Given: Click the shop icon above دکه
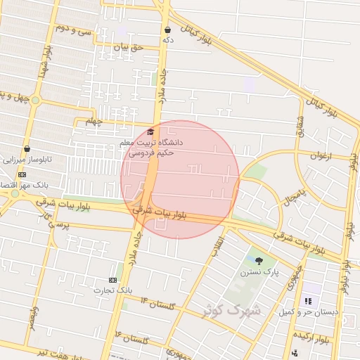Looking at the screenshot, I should click(x=167, y=30).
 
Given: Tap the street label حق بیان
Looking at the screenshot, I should click(x=128, y=47).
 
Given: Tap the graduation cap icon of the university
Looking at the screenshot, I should click(x=150, y=131).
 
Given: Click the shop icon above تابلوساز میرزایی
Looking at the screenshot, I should click(x=27, y=149).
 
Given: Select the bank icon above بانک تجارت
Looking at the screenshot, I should click(x=114, y=279).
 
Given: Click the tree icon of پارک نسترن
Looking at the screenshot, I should click(x=259, y=261).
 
